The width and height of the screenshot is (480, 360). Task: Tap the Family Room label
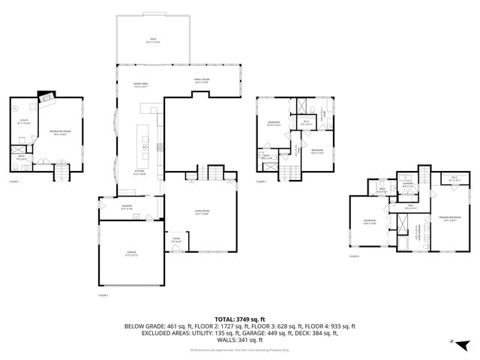pos(201,81)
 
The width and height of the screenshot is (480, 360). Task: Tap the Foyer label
pos(175,241)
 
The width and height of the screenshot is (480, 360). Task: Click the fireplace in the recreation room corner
pos(46,97)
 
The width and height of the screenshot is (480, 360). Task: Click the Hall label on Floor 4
pos(412,207)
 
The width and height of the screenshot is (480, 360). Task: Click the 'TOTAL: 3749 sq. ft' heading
pos(239,318)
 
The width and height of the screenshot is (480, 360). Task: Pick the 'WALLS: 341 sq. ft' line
pos(239,338)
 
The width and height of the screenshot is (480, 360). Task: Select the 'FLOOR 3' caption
pos(262,181)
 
